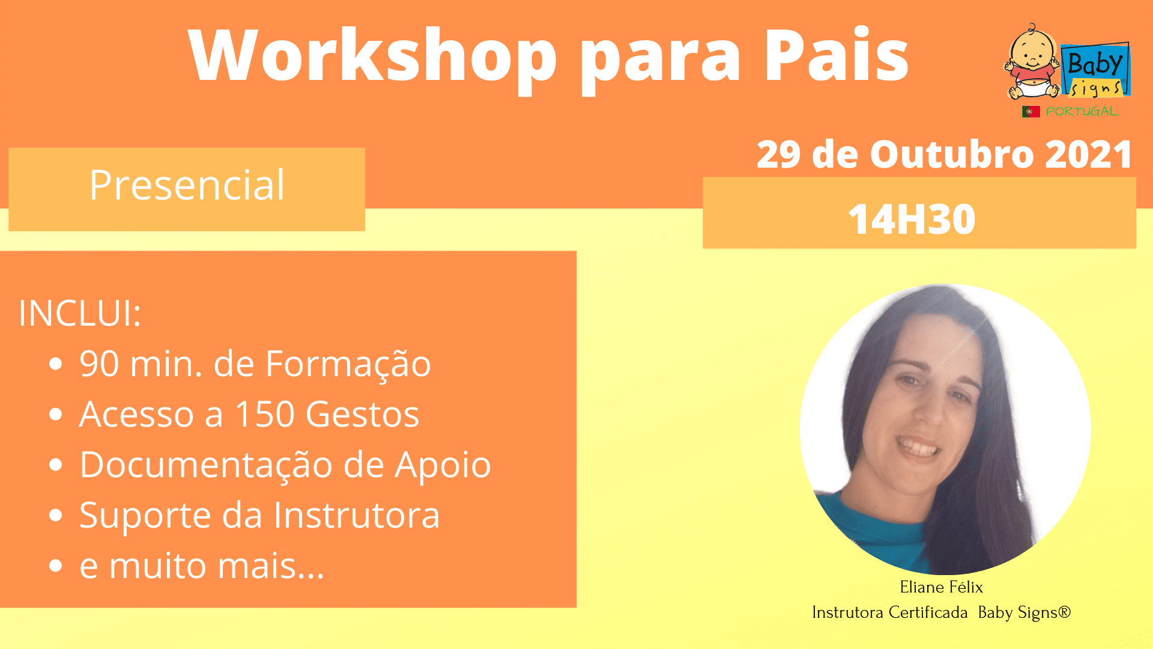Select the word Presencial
tap(187, 184)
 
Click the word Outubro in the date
tap(952, 154)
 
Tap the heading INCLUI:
tap(80, 313)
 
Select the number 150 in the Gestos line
tap(265, 414)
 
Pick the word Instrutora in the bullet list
tap(357, 515)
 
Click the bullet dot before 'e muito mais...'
tap(56, 565)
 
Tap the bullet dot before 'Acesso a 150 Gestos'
tap(56, 414)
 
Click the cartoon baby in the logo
tap(1032, 62)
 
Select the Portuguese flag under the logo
tap(1030, 112)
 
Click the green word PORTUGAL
tap(1082, 112)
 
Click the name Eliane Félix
tap(941, 587)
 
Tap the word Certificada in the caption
tap(928, 612)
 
